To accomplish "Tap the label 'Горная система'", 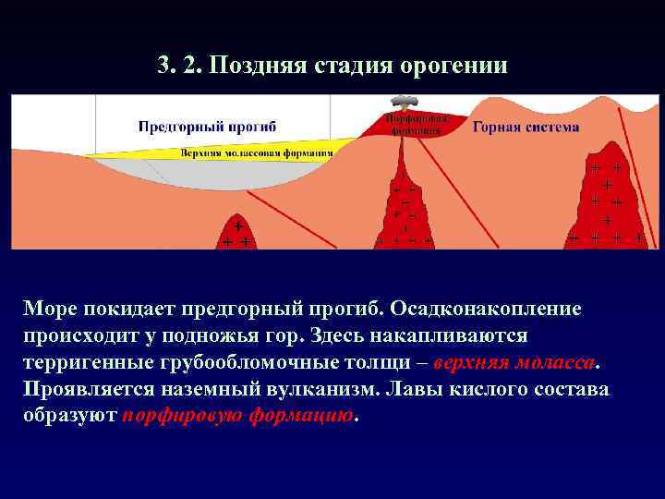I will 526,127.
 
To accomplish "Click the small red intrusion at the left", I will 236,234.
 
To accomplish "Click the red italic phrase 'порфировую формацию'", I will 238,415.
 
